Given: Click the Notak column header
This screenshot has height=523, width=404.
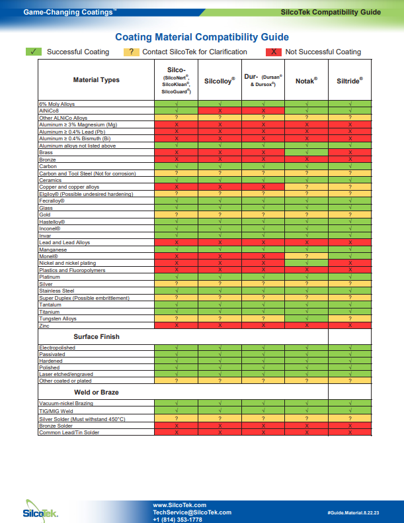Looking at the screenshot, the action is pos(306,81).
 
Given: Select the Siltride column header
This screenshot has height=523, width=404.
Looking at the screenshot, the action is pos(350,81).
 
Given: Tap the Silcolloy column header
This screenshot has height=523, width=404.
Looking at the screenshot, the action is pos(220,81).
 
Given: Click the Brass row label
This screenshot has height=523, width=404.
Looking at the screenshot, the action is pos(46,152).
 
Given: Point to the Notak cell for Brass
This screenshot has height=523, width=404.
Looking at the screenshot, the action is pos(306,152).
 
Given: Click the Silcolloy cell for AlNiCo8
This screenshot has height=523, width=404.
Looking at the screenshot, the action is pos(220,111).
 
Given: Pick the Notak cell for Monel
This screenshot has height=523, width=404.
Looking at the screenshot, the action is pos(306,256).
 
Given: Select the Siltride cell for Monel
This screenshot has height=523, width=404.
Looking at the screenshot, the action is pos(350,256).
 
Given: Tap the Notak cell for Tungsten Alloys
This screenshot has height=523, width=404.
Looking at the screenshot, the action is pos(306,318).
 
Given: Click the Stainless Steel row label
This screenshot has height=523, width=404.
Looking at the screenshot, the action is pos(57,291).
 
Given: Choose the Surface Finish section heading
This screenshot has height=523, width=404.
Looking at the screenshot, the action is pos(97,336).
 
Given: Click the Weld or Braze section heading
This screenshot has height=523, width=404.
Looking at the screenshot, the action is pos(97,392).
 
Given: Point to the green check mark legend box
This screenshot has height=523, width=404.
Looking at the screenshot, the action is pos(34,52).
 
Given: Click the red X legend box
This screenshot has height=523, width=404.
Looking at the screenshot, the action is pos(274,52).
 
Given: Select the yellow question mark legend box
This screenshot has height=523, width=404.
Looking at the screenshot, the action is pos(131,52).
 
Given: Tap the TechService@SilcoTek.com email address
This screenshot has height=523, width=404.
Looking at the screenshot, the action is pos(192,512).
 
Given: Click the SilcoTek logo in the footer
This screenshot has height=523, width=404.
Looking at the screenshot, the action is pos(40,511).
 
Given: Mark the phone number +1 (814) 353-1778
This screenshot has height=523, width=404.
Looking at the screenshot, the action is pos(177,520).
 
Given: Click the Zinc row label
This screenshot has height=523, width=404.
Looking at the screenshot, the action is pos(44,326).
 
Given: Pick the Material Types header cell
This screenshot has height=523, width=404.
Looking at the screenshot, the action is pos(97,79).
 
